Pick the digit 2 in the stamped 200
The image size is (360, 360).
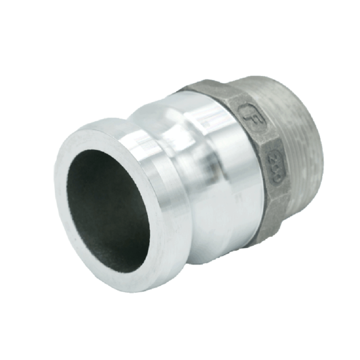(x=272, y=158)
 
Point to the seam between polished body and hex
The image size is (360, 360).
(x=252, y=180)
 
